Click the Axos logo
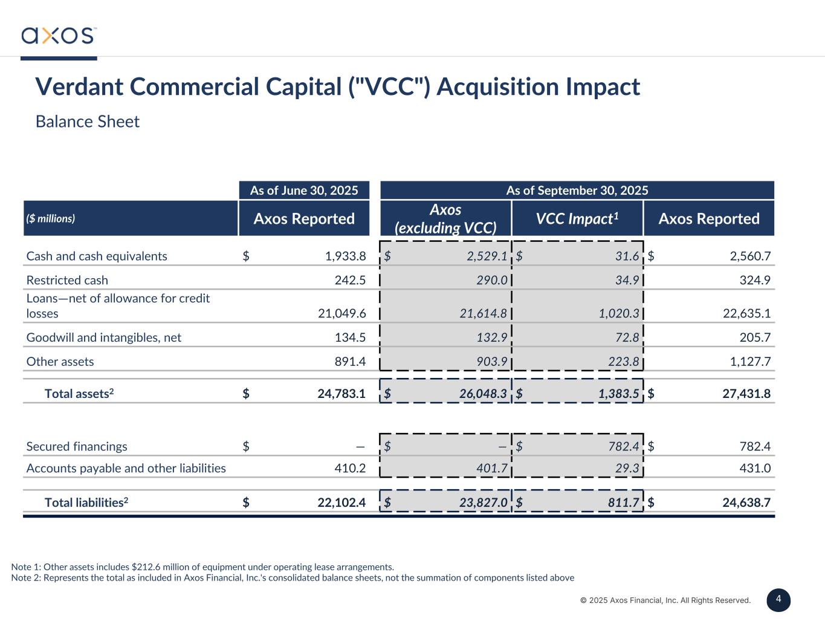[x=59, y=35]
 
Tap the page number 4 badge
[x=778, y=600]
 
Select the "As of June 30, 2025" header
[x=304, y=190]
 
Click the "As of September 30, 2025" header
[x=577, y=190]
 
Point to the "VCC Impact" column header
[x=577, y=218]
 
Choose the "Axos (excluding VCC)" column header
[x=445, y=218]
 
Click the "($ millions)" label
[x=51, y=218]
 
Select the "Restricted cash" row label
[x=67, y=280]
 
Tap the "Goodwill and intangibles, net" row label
[x=104, y=337]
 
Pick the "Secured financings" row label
[x=77, y=446]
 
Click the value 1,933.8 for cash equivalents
[x=345, y=256]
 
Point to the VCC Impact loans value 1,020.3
[x=618, y=313]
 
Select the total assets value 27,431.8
[x=746, y=394]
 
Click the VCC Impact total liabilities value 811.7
[x=622, y=503]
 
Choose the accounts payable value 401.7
[x=490, y=468]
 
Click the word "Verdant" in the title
[x=79, y=86]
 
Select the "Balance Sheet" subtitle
[x=88, y=122]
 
